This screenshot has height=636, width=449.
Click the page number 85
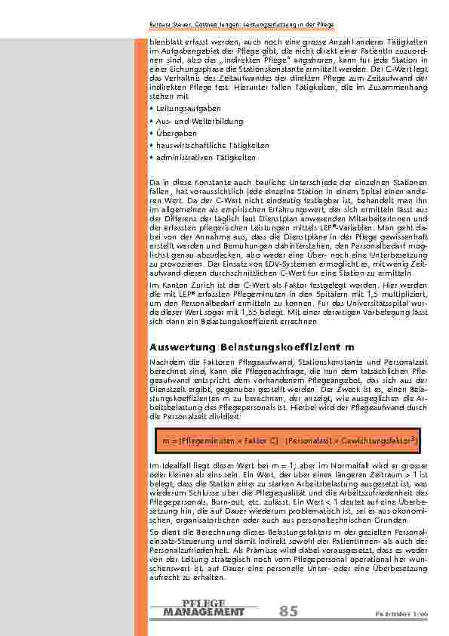pos(288,610)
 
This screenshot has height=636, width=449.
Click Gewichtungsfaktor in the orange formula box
pos(377,438)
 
